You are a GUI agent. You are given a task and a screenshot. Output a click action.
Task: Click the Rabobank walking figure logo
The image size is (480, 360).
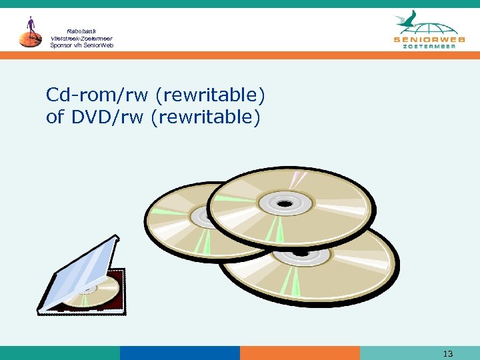point(30,32)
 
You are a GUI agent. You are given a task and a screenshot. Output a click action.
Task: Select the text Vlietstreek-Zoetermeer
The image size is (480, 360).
point(81,38)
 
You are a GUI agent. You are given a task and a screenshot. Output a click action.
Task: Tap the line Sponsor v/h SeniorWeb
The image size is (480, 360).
point(81,45)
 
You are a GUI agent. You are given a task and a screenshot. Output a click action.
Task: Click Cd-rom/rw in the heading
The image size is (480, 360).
point(98,96)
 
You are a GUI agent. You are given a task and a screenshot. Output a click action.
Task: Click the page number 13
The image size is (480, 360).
point(447,353)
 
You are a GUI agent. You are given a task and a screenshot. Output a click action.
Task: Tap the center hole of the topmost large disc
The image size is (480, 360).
point(285,203)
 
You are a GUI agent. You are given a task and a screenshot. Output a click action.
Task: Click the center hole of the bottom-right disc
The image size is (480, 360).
point(301,255)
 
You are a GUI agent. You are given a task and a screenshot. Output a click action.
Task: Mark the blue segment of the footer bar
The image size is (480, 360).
point(179,353)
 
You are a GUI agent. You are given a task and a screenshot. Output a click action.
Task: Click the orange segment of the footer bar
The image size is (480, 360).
point(299,353)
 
